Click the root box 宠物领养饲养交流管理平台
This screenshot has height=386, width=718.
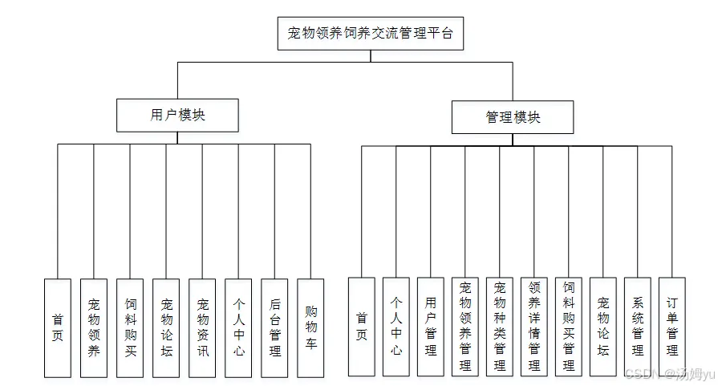pyautogui.click(x=370, y=34)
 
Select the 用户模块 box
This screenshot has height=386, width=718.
pyautogui.click(x=177, y=115)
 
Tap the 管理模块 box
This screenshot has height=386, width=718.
pyautogui.click(x=513, y=117)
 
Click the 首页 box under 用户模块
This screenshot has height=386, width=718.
pyautogui.click(x=58, y=327)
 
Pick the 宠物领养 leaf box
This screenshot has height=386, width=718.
pyautogui.click(x=94, y=327)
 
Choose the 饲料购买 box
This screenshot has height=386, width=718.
pyautogui.click(x=130, y=327)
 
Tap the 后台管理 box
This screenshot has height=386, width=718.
pyautogui.click(x=274, y=327)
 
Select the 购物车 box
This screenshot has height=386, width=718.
pyautogui.click(x=310, y=327)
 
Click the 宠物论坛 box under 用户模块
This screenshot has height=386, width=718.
pyautogui.click(x=166, y=327)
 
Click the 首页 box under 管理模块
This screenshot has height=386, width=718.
pyautogui.click(x=361, y=327)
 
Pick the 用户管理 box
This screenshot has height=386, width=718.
pyautogui.click(x=431, y=327)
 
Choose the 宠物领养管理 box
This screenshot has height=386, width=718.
pyautogui.click(x=465, y=327)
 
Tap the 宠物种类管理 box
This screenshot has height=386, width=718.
pyautogui.click(x=500, y=327)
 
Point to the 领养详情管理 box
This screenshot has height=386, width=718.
pyautogui.click(x=534, y=327)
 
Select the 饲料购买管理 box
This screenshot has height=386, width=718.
pyautogui.click(x=569, y=327)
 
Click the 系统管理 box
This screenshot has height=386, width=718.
pyautogui.click(x=638, y=327)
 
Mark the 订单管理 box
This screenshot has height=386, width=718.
pyautogui.click(x=672, y=327)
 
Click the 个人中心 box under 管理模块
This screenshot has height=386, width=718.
pyautogui.click(x=396, y=327)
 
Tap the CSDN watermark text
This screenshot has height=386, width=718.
pyautogui.click(x=670, y=374)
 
